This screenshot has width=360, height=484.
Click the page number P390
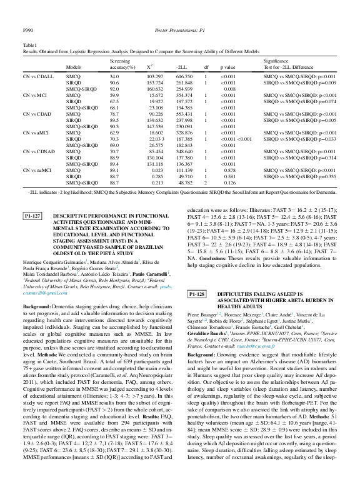tap(27, 29)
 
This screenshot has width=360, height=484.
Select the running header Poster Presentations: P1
tap(179, 29)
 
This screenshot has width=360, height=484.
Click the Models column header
tap(74, 66)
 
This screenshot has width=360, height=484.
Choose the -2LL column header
tap(183, 66)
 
